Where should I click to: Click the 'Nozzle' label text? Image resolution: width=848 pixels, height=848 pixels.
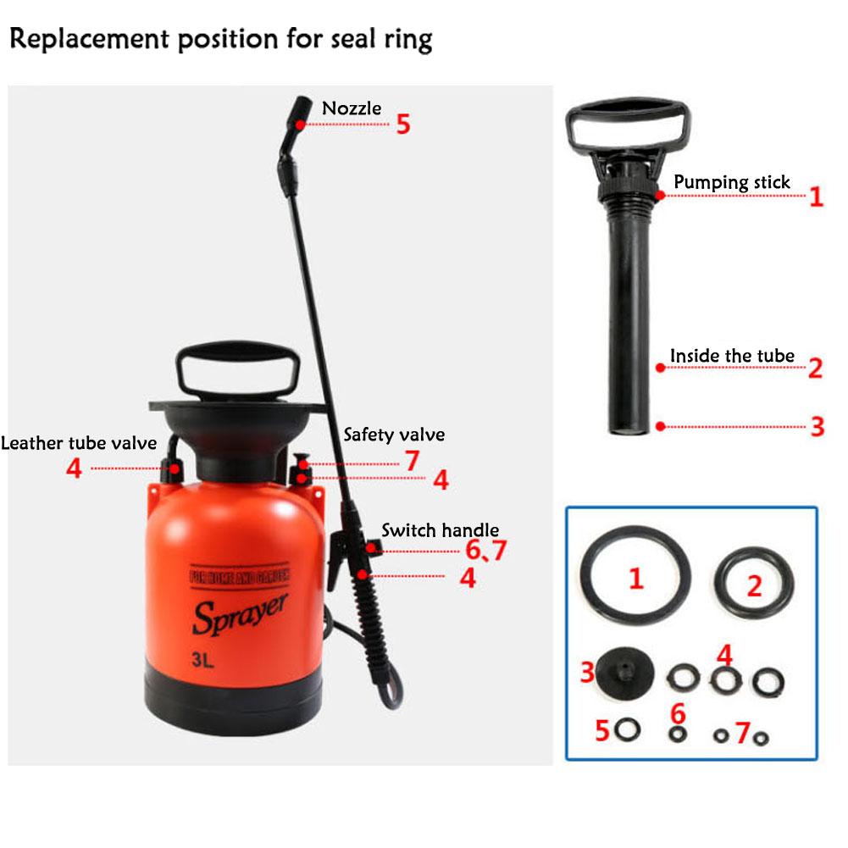(x=352, y=108)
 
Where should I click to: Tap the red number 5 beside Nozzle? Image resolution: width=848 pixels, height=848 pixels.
(x=403, y=125)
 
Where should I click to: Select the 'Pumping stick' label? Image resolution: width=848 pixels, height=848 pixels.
(x=732, y=182)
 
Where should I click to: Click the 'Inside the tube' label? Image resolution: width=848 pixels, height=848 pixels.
(x=732, y=356)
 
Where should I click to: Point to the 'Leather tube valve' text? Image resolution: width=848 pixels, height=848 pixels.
(x=79, y=443)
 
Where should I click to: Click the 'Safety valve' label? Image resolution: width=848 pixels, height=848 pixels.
(x=394, y=435)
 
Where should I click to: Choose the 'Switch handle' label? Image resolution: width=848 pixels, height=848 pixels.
(x=441, y=530)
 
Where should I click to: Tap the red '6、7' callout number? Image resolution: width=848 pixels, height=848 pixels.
(x=485, y=550)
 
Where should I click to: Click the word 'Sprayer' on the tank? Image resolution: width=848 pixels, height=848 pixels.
(x=240, y=614)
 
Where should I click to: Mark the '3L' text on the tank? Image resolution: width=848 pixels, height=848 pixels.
(x=202, y=660)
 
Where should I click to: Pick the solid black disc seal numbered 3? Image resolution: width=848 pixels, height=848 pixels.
(x=624, y=673)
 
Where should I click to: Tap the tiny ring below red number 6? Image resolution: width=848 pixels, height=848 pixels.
(x=678, y=734)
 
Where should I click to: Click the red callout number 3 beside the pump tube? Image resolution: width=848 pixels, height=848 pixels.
(x=818, y=426)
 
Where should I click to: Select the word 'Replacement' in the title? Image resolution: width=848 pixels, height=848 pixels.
(x=89, y=40)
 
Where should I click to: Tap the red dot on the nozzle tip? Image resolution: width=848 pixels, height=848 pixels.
(x=300, y=125)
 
